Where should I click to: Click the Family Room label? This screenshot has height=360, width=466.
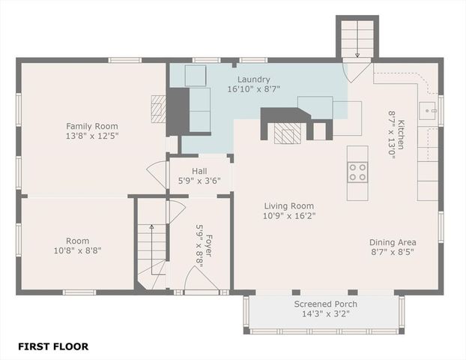click(x=92, y=126)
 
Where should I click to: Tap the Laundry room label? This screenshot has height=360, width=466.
click(x=254, y=79)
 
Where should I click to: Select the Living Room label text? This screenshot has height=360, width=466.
click(x=288, y=205)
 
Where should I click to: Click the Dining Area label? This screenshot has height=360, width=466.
click(x=393, y=242)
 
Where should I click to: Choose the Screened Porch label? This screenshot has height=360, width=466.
click(x=325, y=304)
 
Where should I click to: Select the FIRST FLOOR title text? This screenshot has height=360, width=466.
click(x=53, y=346)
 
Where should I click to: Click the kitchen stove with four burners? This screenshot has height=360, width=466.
click(x=357, y=172)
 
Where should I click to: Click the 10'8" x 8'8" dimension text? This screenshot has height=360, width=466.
click(x=77, y=250)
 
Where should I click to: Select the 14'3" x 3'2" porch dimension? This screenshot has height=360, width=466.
click(x=325, y=313)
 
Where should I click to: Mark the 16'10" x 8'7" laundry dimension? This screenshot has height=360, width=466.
click(x=254, y=89)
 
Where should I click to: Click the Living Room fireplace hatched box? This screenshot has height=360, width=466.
click(x=287, y=133)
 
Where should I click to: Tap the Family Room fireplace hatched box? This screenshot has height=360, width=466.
click(x=157, y=109)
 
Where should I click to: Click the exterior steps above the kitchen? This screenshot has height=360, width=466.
click(x=357, y=37)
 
